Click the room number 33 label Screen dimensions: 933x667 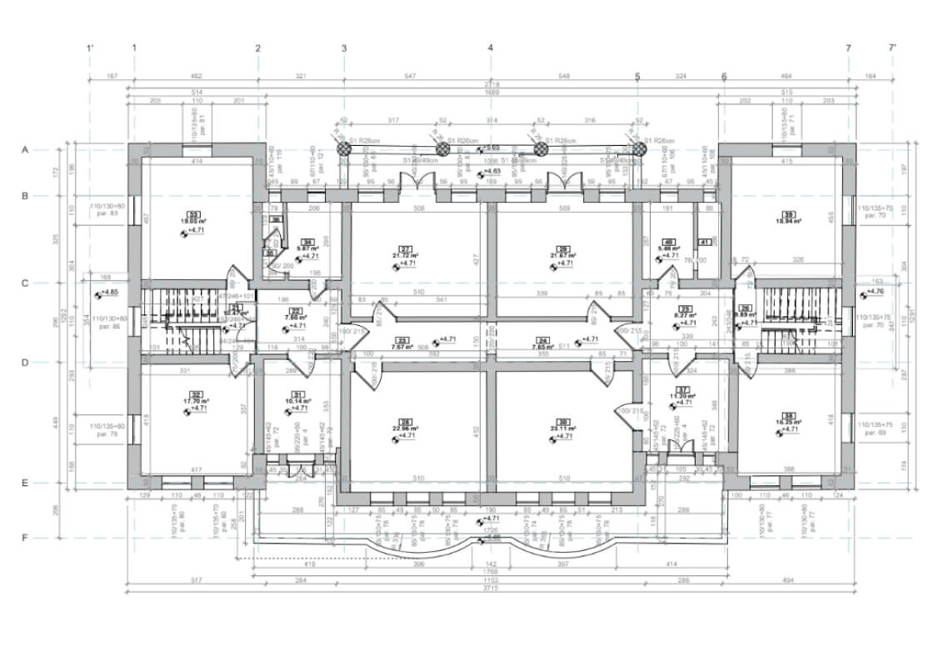tap(196, 213)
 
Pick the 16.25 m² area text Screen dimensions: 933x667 tap(788, 423)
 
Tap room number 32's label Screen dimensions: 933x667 tap(197, 394)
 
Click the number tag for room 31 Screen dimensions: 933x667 tap(297, 394)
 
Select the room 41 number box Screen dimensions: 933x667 tap(705, 242)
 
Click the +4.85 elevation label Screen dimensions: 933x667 tap(109, 293)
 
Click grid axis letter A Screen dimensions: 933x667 tap(25, 150)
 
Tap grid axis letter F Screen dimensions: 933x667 tap(25, 538)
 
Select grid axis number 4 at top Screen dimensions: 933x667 tap(491, 48)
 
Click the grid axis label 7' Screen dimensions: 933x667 tap(893, 48)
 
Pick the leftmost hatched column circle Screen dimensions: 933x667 tap(344, 148)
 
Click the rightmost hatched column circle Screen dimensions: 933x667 tap(639, 148)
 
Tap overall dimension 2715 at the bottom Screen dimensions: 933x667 tap(490, 589)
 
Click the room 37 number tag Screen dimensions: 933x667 tap(682, 390)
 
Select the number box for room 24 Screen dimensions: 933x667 tap(542, 341)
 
